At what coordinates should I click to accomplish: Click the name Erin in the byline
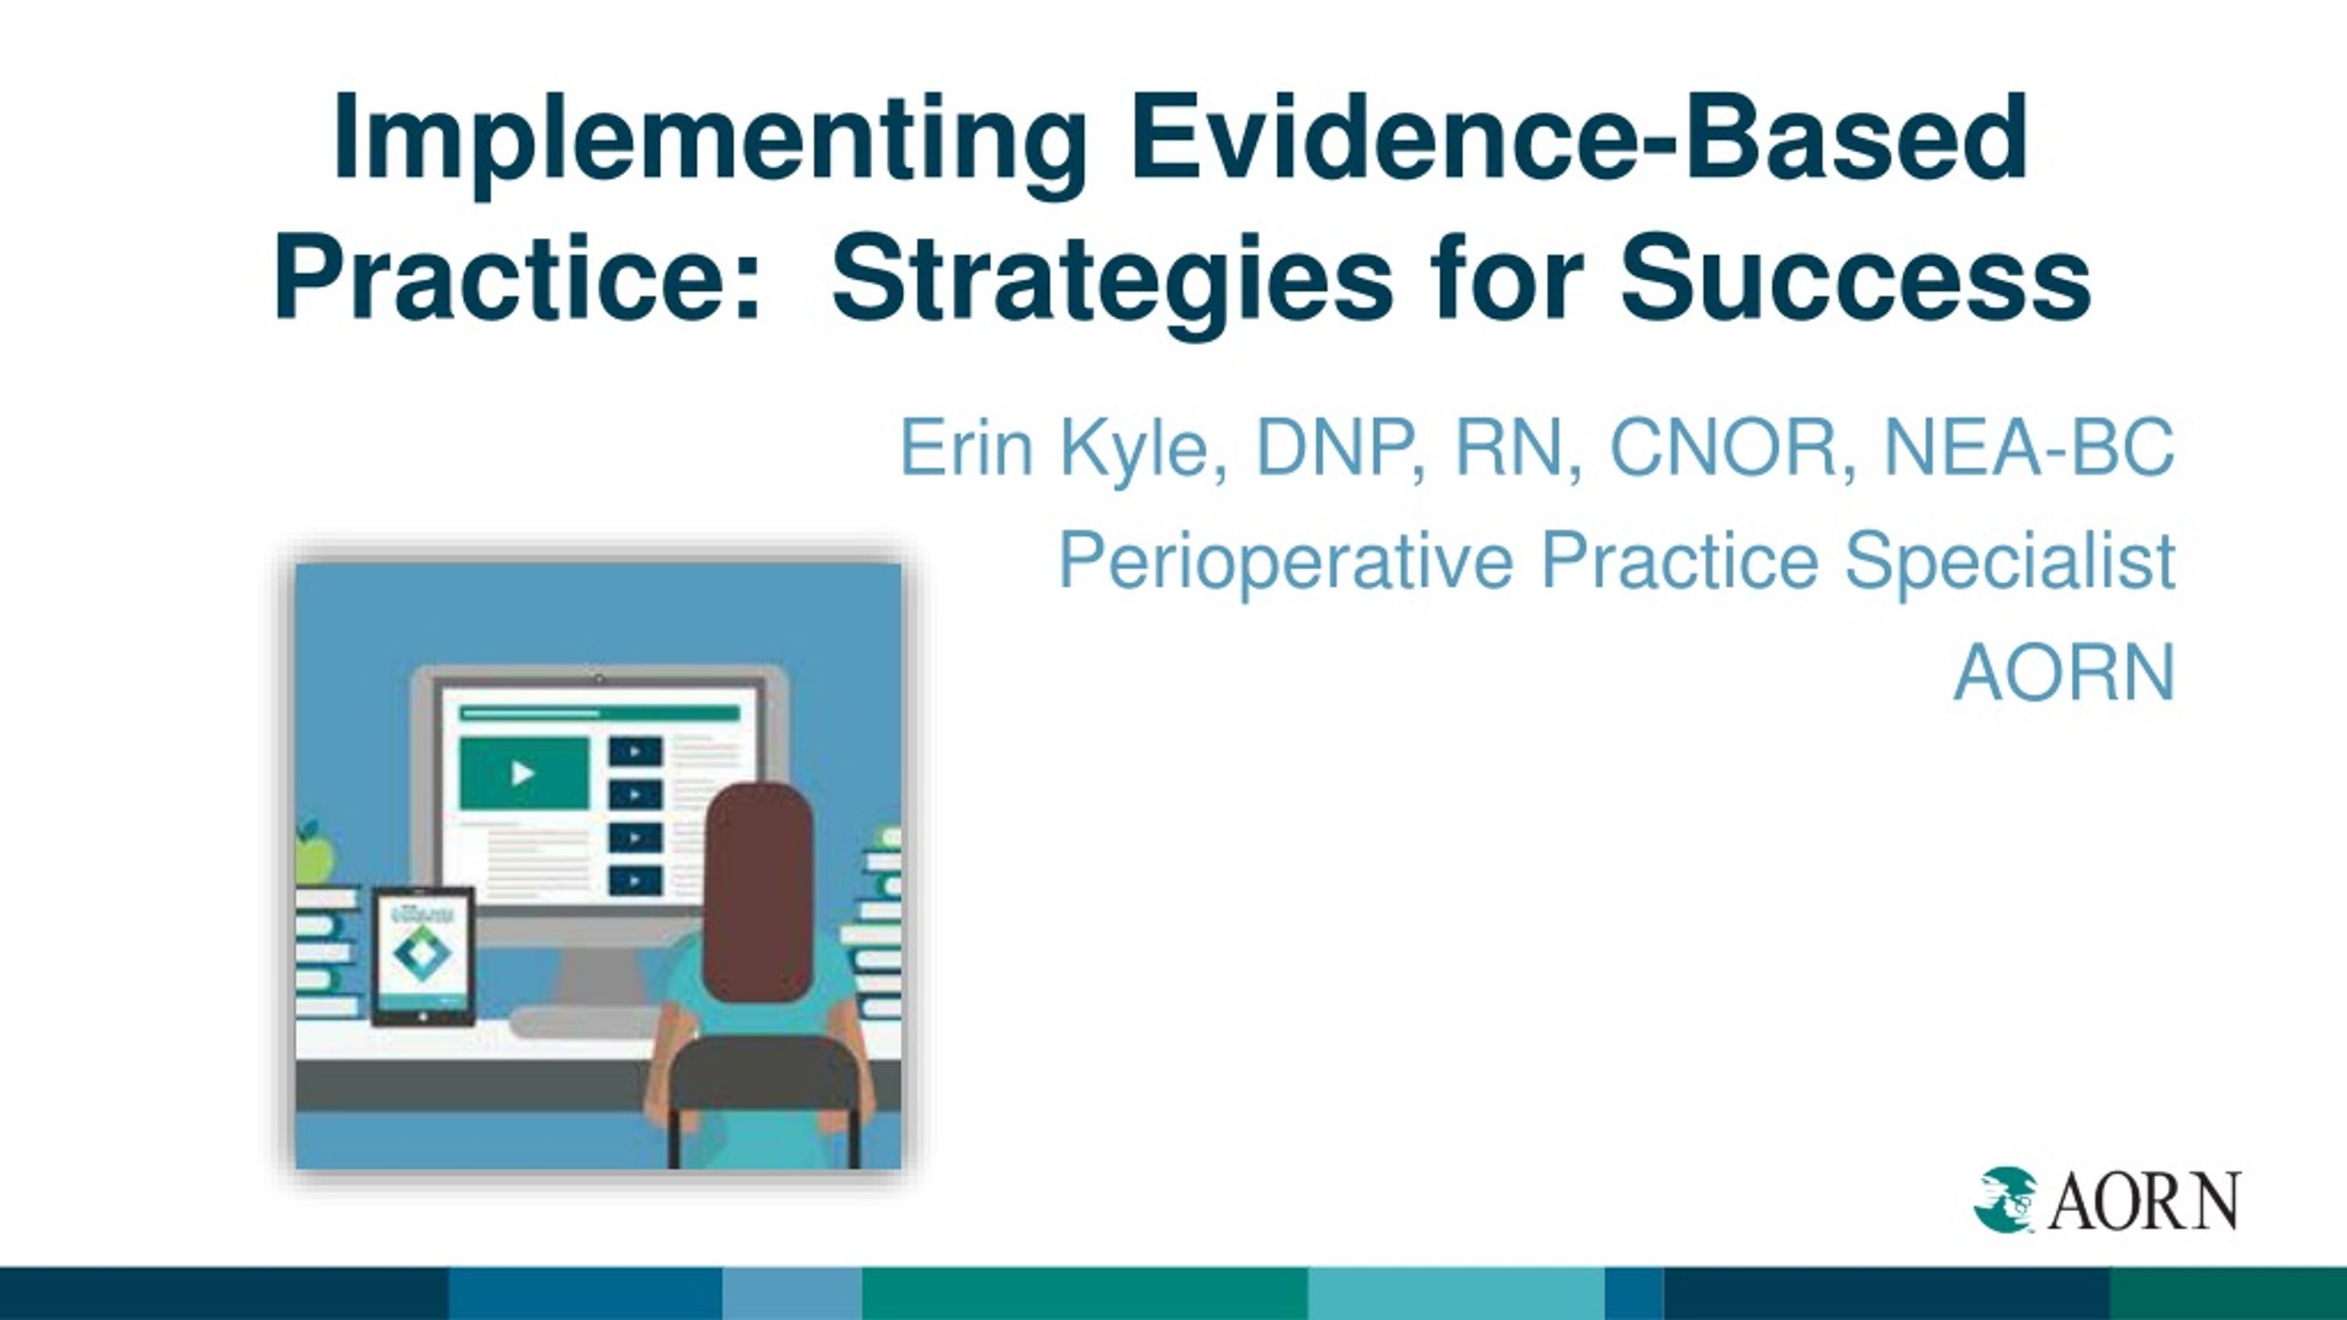click(966, 446)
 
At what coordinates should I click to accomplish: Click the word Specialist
click(2009, 562)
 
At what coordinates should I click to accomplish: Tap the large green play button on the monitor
click(523, 773)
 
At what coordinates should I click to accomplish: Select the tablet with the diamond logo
click(423, 955)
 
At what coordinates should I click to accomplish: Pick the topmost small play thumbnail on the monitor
click(634, 751)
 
